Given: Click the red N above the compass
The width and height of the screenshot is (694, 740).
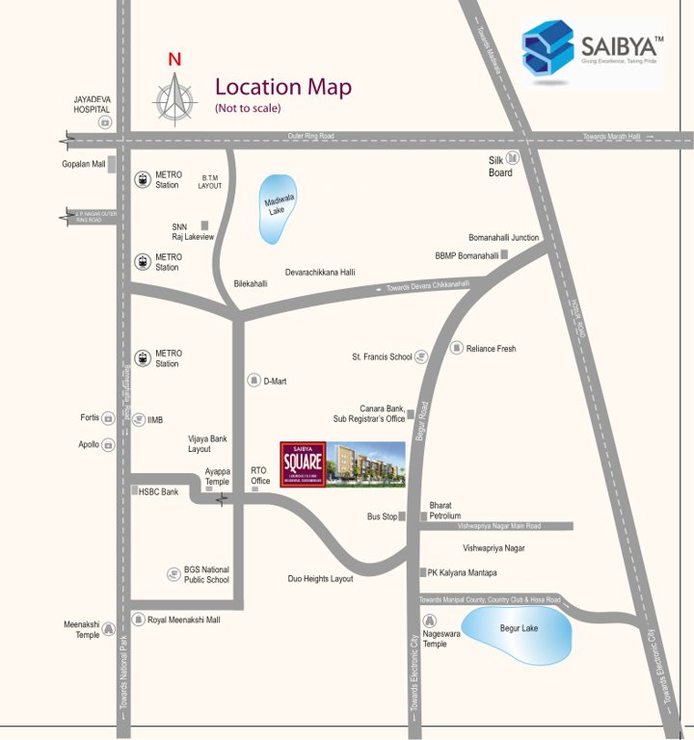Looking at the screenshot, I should click(174, 60).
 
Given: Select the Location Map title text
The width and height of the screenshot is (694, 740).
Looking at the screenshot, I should click(282, 88).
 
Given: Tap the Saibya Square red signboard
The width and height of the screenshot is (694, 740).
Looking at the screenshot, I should click(303, 465).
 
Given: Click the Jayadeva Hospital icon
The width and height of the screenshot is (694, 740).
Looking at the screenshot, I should click(105, 122).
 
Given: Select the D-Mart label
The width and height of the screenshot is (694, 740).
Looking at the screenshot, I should click(276, 382).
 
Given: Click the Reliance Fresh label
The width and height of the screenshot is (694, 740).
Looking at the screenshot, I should click(492, 349).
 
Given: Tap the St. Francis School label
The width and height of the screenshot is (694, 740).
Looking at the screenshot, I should click(382, 357).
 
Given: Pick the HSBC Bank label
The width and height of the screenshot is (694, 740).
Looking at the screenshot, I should click(158, 491).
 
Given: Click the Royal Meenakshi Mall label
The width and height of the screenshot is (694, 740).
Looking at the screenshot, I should click(183, 620).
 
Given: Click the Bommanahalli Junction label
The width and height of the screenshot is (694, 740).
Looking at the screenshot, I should click(503, 237).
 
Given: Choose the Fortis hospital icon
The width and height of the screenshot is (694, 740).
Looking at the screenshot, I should click(109, 418).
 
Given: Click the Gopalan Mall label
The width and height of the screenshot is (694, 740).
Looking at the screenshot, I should click(83, 165).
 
